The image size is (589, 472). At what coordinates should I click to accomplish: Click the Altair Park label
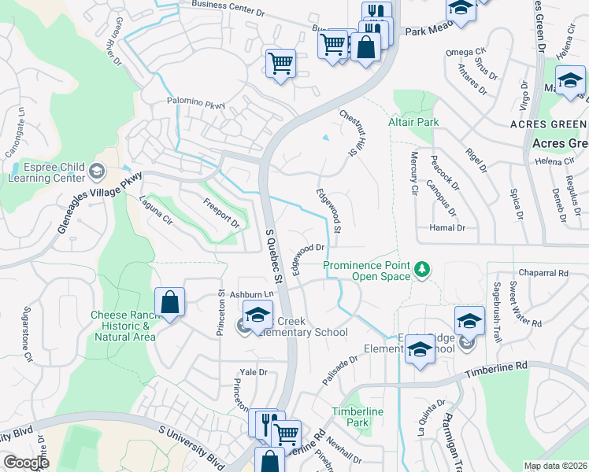pyautogui.click(x=413, y=123)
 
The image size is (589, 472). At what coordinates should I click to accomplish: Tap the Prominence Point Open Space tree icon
pyautogui.click(x=423, y=270)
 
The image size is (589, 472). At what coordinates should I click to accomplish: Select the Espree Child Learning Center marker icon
pyautogui.click(x=96, y=170)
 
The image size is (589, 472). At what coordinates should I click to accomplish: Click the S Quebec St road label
pyautogui.click(x=272, y=255)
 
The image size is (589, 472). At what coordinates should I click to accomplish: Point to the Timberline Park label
pyautogui.click(x=357, y=417)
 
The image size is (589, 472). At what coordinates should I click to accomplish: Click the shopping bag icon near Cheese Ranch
pyautogui.click(x=169, y=301)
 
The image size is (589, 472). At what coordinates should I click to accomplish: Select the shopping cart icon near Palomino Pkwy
pyautogui.click(x=280, y=62)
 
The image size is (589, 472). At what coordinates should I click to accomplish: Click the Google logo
pyautogui.click(x=26, y=463)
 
